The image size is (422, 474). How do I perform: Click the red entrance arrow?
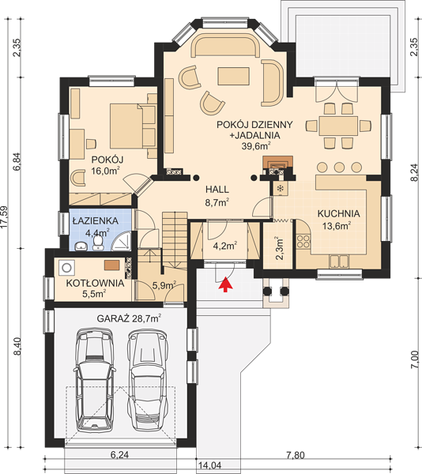coord(225,284)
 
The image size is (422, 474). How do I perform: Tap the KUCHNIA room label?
coord(338,213)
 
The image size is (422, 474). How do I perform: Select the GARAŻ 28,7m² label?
coord(129,318)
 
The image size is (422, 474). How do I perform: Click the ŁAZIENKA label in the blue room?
coord(96,220)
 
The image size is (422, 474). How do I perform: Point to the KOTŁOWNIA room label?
coord(95,284)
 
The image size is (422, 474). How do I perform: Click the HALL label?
coord(217,190)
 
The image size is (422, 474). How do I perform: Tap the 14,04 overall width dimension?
coord(209,465)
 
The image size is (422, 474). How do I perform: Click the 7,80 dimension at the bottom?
coord(295,455)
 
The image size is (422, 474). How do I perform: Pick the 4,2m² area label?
coord(225,246)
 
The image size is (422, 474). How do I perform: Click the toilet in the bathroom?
coord(97,243)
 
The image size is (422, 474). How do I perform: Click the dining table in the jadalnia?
coord(338,126)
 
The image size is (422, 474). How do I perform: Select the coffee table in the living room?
coord(234,76)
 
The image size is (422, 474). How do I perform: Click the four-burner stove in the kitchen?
coord(303,241)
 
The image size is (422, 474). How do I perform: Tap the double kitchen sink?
coord(339,261)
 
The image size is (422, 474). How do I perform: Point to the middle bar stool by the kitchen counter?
coord(340,167)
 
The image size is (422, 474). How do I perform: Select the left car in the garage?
coord(94,380)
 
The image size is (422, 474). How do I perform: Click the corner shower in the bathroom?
coord(122,241)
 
